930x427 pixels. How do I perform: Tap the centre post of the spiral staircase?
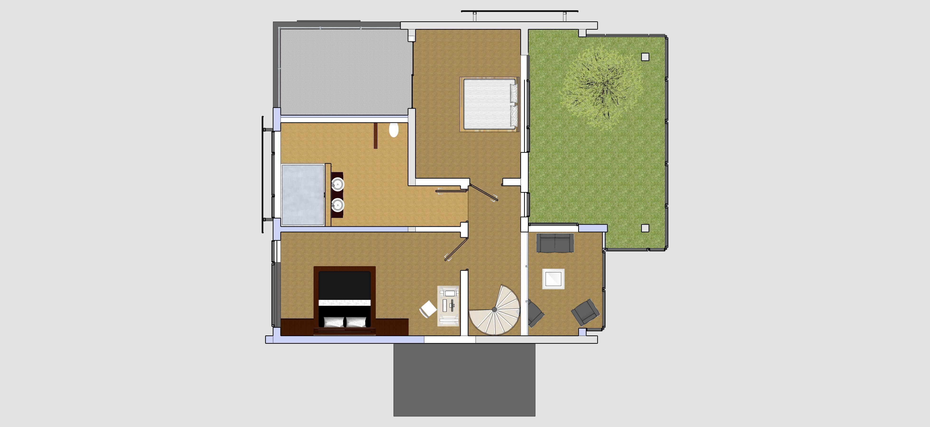494,309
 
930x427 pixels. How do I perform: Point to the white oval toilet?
394,130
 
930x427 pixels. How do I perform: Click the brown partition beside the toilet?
376,135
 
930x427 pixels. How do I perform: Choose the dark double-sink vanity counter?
337,195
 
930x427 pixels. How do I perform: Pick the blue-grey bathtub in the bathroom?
303,195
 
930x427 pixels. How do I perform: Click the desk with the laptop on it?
448,306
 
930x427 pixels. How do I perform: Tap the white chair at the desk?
428,309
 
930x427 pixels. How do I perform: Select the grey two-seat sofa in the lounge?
555,243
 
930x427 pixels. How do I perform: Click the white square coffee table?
553,279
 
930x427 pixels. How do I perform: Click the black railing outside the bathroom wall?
263,175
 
